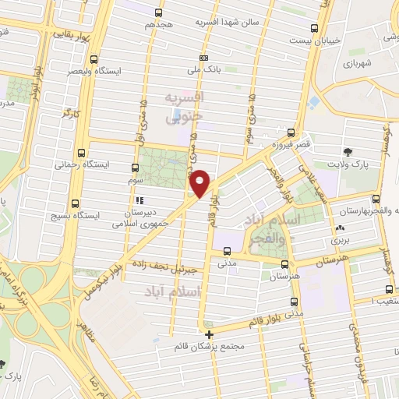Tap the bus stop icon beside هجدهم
(x=160, y=12)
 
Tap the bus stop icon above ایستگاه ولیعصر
(x=95, y=58)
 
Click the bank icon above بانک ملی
(x=203, y=57)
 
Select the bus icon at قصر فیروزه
(x=291, y=132)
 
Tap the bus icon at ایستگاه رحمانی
(x=81, y=152)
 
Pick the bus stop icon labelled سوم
(x=136, y=167)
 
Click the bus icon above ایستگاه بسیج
(x=75, y=199)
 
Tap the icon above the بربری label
(x=339, y=228)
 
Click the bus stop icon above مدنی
(x=227, y=251)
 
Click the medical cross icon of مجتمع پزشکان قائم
(x=208, y=334)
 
